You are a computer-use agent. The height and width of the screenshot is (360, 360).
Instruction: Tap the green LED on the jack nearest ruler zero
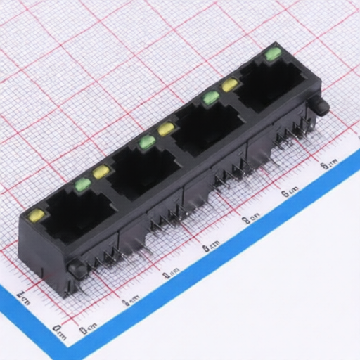coord(82,184)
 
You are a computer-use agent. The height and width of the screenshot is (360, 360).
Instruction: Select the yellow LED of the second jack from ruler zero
coord(101,172)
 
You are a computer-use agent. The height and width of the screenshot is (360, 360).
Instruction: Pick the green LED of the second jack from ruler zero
coord(146,142)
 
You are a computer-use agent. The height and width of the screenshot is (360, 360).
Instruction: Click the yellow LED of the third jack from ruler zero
coord(166,129)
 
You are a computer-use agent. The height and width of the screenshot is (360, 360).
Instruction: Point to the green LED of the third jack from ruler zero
coord(210,98)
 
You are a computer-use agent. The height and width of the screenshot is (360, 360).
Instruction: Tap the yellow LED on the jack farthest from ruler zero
coord(229,85)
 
